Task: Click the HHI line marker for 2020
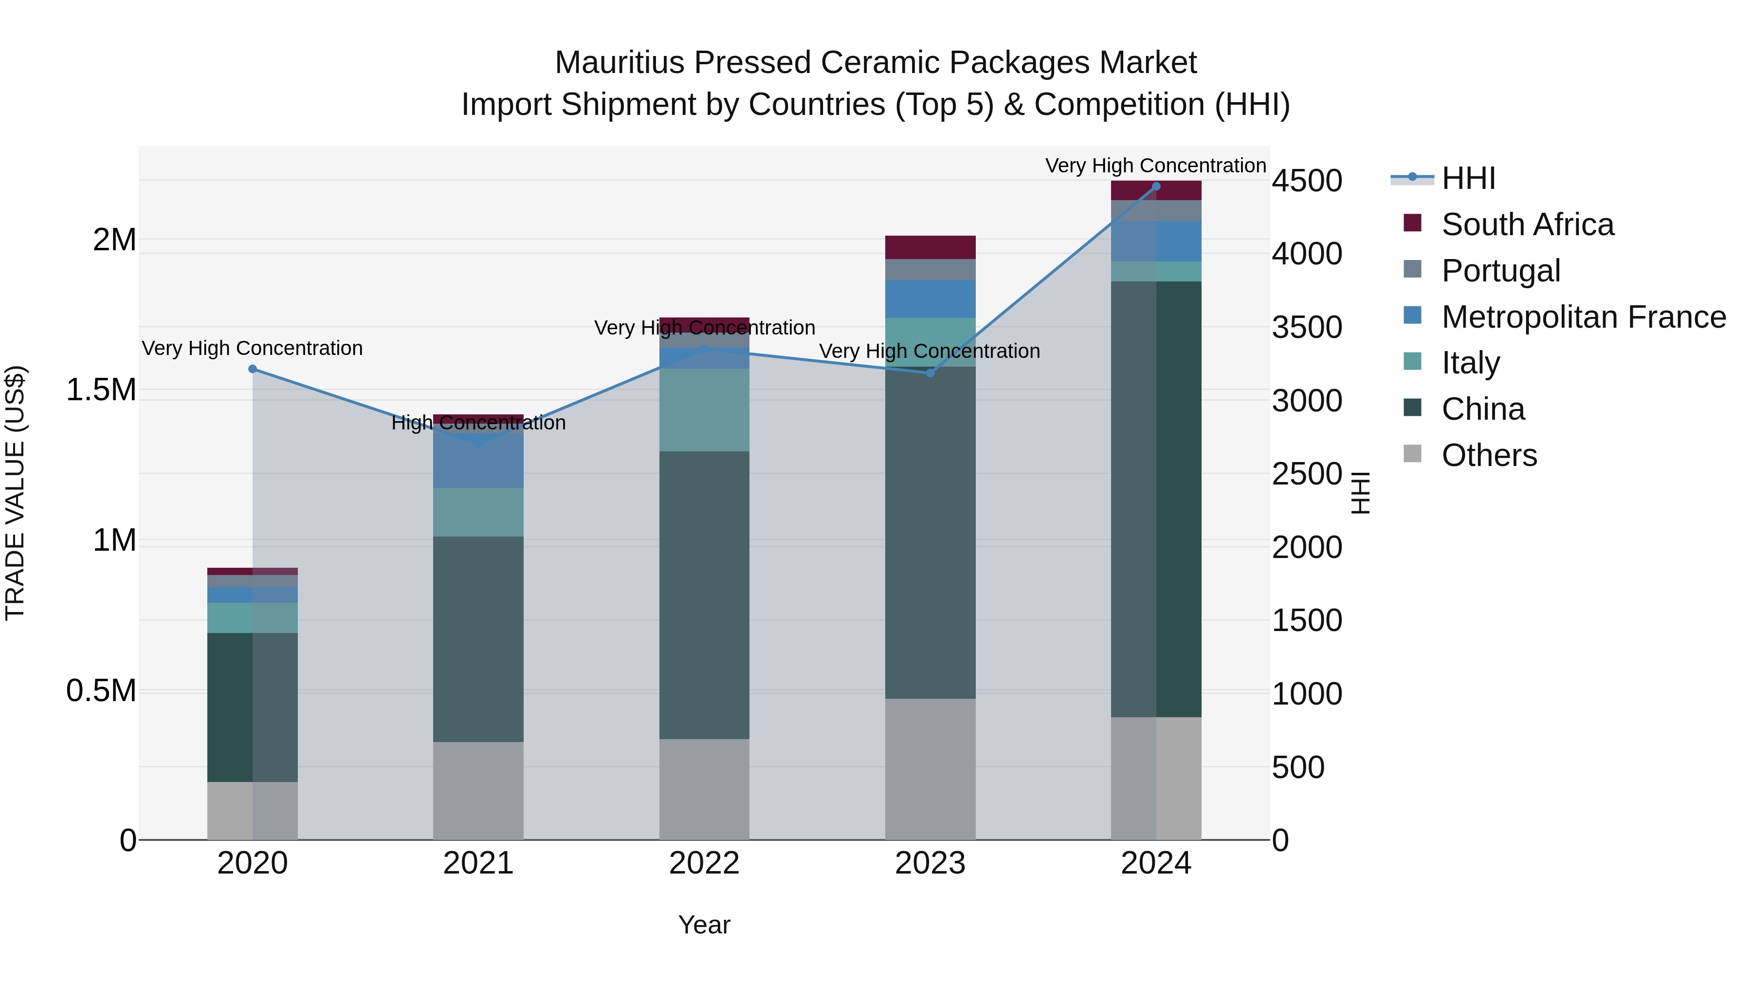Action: tap(252, 369)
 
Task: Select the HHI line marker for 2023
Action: tap(931, 373)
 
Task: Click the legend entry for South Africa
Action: tap(1527, 224)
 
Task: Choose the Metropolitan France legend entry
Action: tap(1583, 317)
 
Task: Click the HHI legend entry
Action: tap(1468, 178)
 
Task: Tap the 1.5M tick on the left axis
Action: tap(101, 390)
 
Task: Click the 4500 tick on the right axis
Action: tap(1307, 181)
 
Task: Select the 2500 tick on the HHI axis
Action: tap(1307, 474)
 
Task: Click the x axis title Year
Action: tap(704, 925)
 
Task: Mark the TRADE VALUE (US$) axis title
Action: tap(15, 493)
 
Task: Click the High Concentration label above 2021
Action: tap(478, 423)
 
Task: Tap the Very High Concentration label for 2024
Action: tap(1155, 166)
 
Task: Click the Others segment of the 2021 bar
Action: tap(478, 790)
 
